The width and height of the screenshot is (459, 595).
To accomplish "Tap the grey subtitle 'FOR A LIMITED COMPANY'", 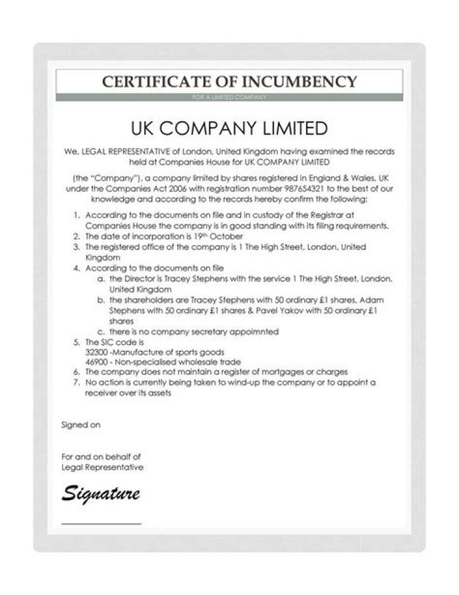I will point(229,97).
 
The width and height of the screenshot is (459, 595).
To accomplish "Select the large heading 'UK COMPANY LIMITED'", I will point(229,128).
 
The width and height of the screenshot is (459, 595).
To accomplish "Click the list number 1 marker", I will point(76,216).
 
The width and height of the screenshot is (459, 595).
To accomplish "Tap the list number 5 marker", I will point(76,342).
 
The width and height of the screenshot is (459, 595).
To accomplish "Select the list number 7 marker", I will point(76,382).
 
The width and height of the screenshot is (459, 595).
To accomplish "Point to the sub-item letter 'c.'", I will point(101,332).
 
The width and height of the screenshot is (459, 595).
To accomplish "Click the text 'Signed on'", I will point(81,425).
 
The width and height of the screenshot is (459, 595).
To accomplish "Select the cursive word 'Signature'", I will point(101,493).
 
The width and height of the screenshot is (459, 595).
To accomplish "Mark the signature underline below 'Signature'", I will point(101,524).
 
